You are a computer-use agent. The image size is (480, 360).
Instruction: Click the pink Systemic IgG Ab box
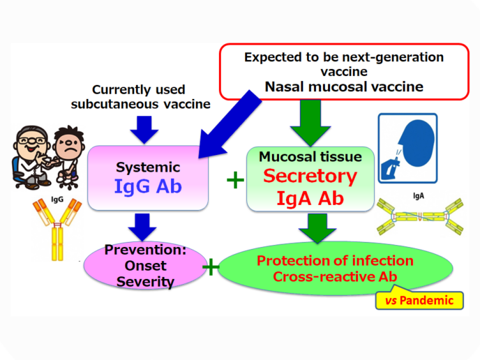[x=147, y=179]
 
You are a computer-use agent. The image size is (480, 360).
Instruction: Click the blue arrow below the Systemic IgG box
[x=144, y=226]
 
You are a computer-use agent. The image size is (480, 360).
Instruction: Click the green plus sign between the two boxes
[x=235, y=181]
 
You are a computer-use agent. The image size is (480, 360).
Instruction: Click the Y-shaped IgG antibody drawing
[x=57, y=231]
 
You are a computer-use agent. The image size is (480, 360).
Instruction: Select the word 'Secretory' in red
[x=310, y=176]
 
